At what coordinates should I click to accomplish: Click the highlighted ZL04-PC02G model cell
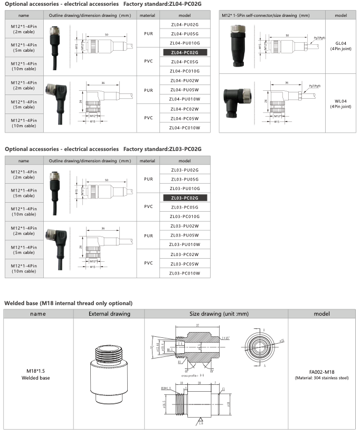click(x=184, y=52)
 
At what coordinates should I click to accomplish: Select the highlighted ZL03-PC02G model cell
click(x=184, y=197)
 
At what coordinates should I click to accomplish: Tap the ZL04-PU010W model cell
click(x=184, y=99)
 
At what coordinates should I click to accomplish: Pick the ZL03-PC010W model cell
click(x=184, y=273)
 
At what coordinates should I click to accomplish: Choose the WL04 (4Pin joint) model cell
click(x=340, y=103)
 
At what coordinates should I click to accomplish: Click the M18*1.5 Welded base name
click(x=39, y=374)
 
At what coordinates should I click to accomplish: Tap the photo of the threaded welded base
click(x=108, y=373)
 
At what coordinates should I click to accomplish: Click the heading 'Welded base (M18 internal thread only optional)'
click(x=68, y=303)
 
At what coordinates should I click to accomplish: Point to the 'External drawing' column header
click(x=109, y=314)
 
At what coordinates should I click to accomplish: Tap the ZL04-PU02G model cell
click(x=184, y=25)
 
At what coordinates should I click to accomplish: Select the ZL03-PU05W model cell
click(x=184, y=235)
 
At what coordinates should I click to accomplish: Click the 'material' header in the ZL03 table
click(x=147, y=161)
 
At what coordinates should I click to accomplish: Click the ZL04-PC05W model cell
click(x=184, y=118)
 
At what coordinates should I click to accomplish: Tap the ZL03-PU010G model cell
click(x=184, y=188)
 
